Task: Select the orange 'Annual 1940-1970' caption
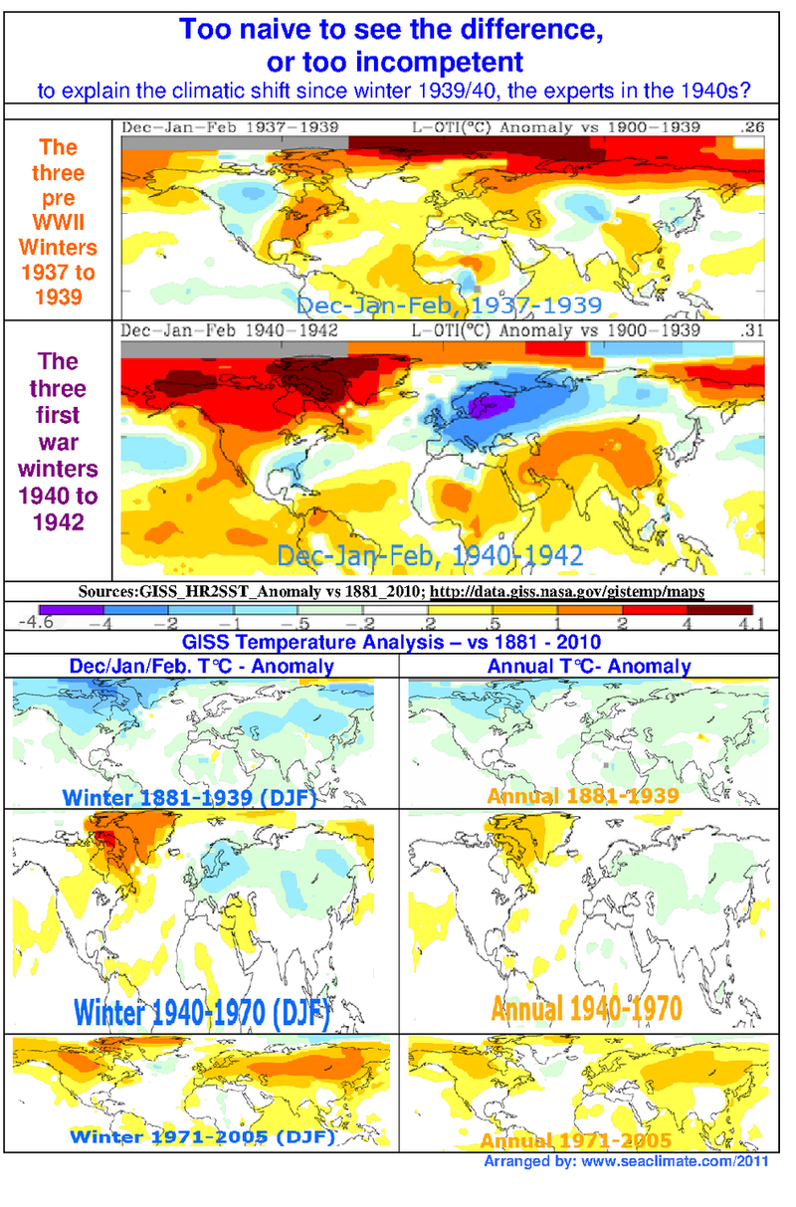coord(586,1008)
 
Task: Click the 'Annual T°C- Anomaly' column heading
coord(589,666)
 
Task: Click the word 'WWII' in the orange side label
coord(58,222)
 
